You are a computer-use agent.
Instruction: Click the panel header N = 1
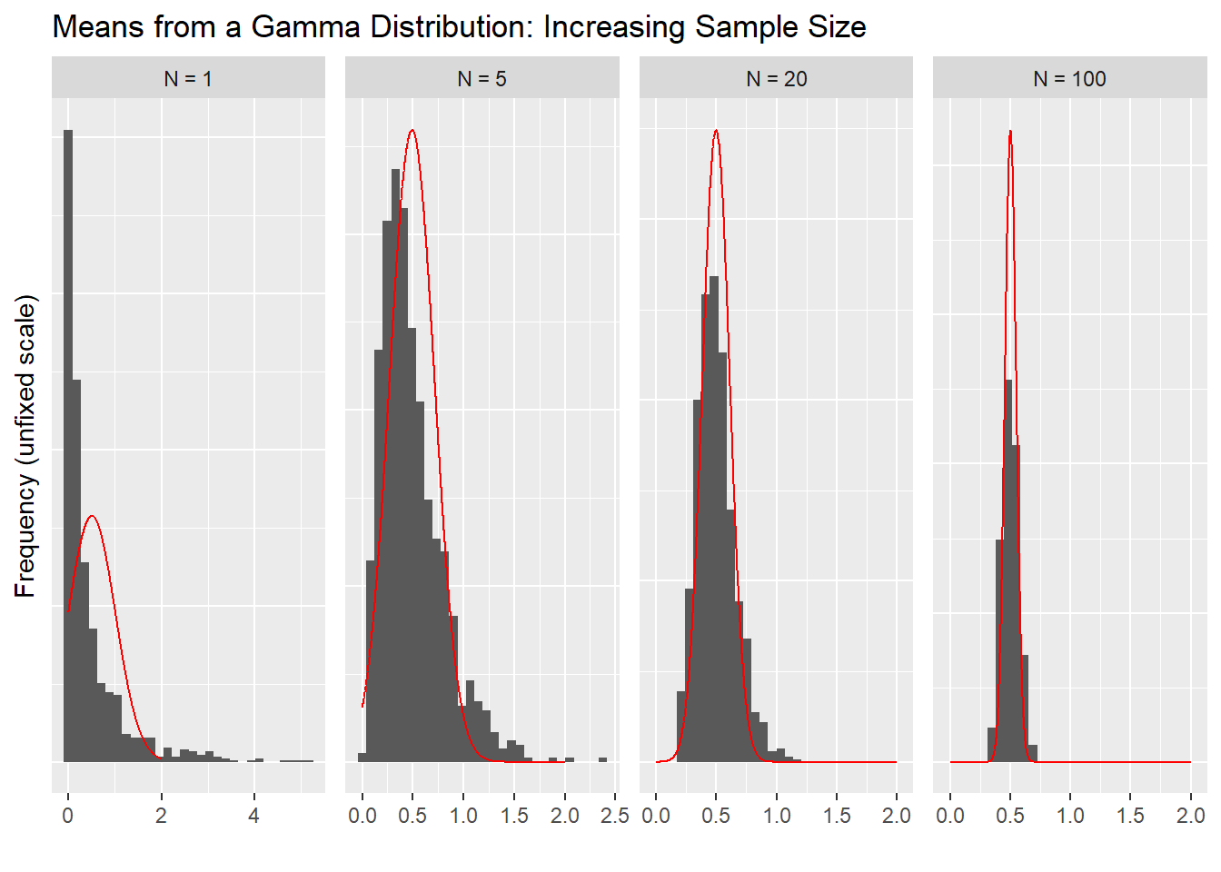pyautogui.click(x=188, y=79)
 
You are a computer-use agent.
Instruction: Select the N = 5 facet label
pyautogui.click(x=481, y=79)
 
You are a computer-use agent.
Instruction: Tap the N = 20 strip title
pyautogui.click(x=776, y=79)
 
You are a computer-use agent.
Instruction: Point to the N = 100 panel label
pyautogui.click(x=1069, y=79)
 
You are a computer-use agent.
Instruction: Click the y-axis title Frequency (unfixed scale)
pyautogui.click(x=25, y=445)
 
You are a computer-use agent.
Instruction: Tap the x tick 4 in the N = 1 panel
pyautogui.click(x=254, y=816)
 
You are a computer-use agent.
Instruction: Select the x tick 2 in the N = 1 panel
pyautogui.click(x=161, y=816)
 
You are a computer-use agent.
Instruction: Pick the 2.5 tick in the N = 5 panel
pyautogui.click(x=615, y=816)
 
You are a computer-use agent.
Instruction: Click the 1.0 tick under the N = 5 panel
pyautogui.click(x=463, y=816)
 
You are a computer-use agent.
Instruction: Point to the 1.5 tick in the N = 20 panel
pyautogui.click(x=837, y=816)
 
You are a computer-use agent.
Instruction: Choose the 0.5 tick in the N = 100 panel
pyautogui.click(x=1010, y=816)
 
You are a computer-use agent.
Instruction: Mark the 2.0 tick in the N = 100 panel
pyautogui.click(x=1190, y=816)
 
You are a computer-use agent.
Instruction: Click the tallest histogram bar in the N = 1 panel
pyautogui.click(x=67, y=445)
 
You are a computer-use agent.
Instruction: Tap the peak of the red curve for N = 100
pyautogui.click(x=1010, y=132)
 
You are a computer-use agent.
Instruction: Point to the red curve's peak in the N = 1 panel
pyautogui.click(x=92, y=517)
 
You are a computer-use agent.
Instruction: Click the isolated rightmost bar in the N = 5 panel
pyautogui.click(x=602, y=759)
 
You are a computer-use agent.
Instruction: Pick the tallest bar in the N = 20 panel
pyautogui.click(x=714, y=518)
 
